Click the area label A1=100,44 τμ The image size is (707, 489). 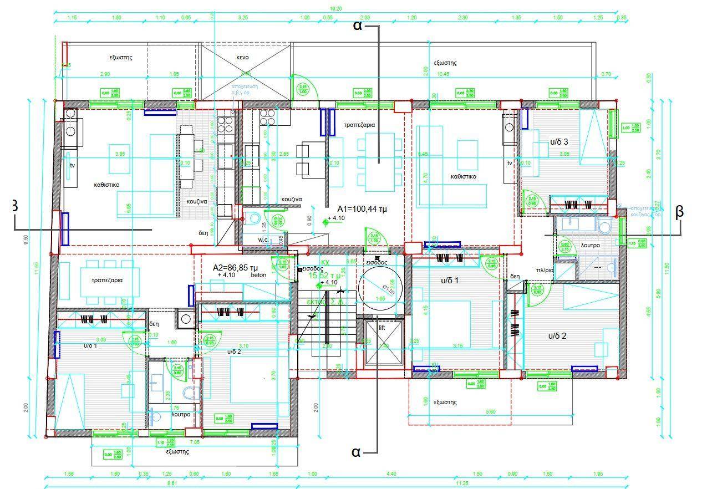point(362,209)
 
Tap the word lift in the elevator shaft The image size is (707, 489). point(382,328)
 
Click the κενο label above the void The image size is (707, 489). point(242,57)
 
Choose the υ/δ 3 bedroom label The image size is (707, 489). point(558,142)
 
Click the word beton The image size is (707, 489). point(259,275)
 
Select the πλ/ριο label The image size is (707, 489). point(545,271)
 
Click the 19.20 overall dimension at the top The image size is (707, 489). point(336,9)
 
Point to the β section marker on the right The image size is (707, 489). point(680,212)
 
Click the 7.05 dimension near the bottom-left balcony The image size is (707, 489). point(195,442)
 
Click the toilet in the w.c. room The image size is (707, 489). point(254,217)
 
